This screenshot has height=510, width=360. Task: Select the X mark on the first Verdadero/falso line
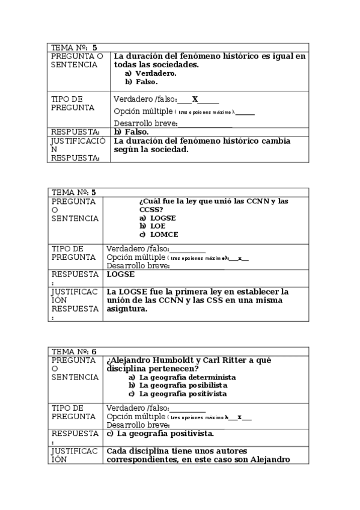pyautogui.click(x=195, y=99)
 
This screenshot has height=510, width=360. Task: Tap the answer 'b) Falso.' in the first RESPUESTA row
pyautogui.click(x=131, y=132)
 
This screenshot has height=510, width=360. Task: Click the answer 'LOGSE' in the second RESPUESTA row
pyautogui.click(x=121, y=274)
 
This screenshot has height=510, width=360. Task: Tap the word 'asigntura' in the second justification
pyautogui.click(x=127, y=309)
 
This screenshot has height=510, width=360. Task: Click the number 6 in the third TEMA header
pyautogui.click(x=94, y=351)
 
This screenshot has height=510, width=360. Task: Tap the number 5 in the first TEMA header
pyautogui.click(x=95, y=47)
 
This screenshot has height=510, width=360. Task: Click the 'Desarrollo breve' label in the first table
pyautogui.click(x=145, y=123)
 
